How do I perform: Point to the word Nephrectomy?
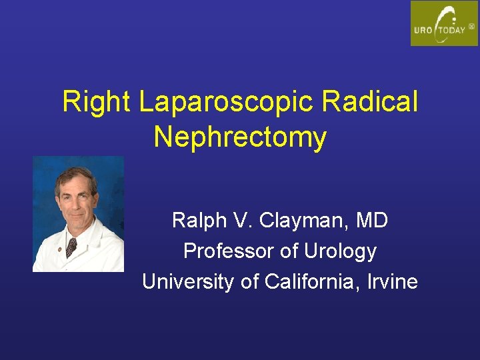pyautogui.click(x=240, y=138)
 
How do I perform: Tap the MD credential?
pyautogui.click(x=371, y=220)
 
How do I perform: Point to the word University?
pyautogui.click(x=188, y=282)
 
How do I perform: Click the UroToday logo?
pyautogui.click(x=444, y=23)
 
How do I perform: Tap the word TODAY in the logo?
pyautogui.click(x=452, y=30)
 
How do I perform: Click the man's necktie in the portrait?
pyautogui.click(x=71, y=247)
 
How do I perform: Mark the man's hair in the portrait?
pyautogui.click(x=74, y=174)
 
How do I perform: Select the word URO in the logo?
pyautogui.click(x=425, y=30)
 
